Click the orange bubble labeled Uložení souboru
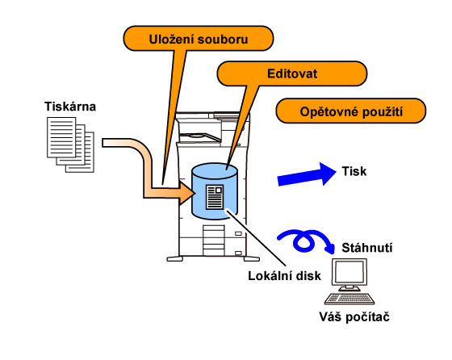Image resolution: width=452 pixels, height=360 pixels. [x=199, y=39]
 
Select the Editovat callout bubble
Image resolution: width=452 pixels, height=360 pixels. [x=291, y=73]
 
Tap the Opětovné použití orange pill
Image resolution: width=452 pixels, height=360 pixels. [x=351, y=111]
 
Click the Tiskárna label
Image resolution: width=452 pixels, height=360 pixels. [x=70, y=107]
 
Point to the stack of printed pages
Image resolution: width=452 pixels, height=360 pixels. [x=71, y=144]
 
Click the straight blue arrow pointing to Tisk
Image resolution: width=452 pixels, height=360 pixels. [x=307, y=174]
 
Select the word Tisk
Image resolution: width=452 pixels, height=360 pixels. [x=354, y=171]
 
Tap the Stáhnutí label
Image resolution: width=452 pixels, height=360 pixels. [x=367, y=248]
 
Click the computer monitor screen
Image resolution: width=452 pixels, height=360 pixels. [x=349, y=272]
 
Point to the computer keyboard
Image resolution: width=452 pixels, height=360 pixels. [x=349, y=299]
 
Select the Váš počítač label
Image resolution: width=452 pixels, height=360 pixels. [x=354, y=317]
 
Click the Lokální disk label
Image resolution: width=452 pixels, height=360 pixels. [x=284, y=276]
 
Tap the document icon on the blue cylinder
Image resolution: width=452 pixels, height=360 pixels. [x=215, y=197]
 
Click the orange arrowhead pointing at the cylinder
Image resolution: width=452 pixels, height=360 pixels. [x=186, y=193]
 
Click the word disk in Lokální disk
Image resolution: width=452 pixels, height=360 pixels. [x=308, y=276]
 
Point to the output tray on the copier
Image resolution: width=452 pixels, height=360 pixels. [x=199, y=136]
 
